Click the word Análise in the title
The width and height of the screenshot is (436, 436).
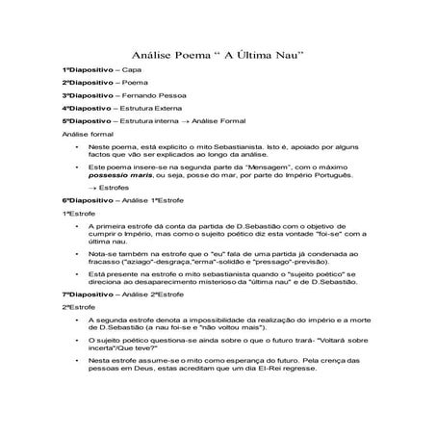pos(149,54)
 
